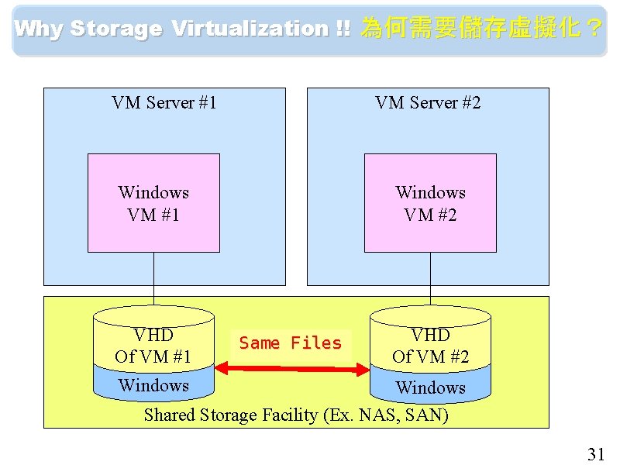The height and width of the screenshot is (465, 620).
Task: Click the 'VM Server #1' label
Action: [164, 102]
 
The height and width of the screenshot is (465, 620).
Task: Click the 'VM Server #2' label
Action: [428, 102]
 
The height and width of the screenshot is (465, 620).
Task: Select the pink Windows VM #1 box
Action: [153, 203]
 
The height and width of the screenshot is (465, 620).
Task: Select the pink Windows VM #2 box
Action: [430, 203]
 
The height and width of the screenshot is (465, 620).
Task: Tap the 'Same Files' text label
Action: [291, 343]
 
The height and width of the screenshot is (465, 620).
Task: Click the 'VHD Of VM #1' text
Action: [153, 346]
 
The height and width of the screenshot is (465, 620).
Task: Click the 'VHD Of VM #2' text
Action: [430, 346]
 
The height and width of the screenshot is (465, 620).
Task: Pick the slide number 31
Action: [595, 454]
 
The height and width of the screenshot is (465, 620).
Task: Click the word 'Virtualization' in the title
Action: [250, 29]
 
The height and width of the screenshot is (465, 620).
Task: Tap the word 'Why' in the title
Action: [39, 29]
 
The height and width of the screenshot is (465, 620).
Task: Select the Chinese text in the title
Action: [481, 29]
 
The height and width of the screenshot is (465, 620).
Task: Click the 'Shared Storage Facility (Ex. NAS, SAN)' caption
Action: [296, 415]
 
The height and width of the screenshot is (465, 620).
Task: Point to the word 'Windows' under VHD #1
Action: [153, 385]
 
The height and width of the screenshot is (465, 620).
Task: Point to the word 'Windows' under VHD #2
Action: [430, 387]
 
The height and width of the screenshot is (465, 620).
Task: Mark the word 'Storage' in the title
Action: [116, 29]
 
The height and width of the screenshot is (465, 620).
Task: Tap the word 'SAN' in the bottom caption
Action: [425, 415]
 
